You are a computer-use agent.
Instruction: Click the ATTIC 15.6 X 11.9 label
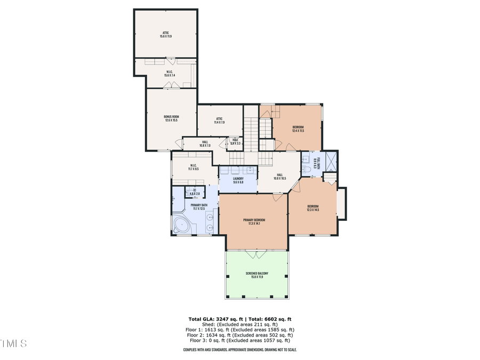coord(165,35)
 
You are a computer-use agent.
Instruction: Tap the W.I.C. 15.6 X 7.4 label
coord(169,74)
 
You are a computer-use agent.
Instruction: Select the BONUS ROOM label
coord(171,118)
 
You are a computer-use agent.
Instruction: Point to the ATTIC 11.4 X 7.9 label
coord(219,121)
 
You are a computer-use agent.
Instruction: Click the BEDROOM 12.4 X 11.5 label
coord(298,129)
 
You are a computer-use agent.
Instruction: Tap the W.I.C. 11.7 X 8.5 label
coord(193,167)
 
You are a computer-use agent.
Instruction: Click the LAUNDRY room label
coord(238,180)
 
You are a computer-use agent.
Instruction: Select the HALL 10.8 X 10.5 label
coord(280,177)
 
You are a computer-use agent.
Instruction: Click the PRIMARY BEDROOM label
coord(254,222)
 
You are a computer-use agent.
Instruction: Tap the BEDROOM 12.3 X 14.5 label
coord(313,208)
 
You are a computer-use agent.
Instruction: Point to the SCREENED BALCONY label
coord(257,275)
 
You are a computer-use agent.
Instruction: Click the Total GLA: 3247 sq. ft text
coord(212,319)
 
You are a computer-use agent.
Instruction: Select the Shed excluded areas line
coord(241,324)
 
